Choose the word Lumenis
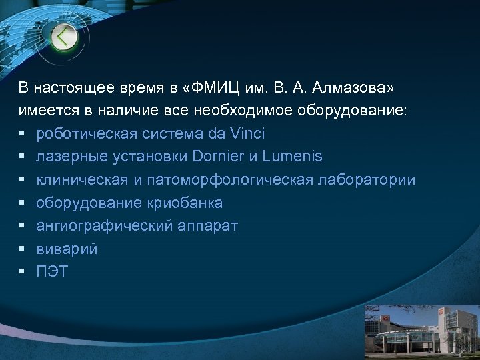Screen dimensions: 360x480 click(x=293, y=157)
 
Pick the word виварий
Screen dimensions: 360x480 click(x=67, y=249)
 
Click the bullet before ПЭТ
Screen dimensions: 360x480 click(x=22, y=272)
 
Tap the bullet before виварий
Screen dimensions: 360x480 click(x=22, y=249)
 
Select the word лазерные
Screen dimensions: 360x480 click(x=70, y=157)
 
